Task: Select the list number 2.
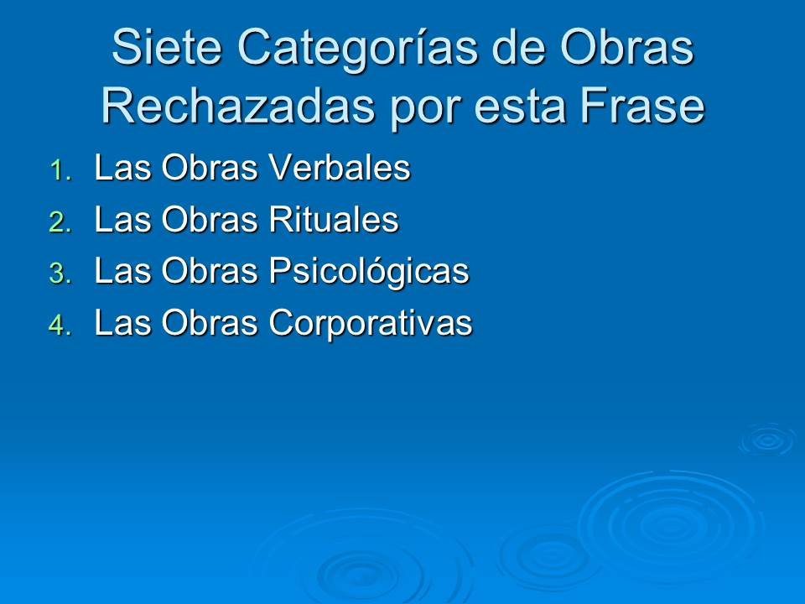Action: coord(59,222)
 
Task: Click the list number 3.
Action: coord(59,273)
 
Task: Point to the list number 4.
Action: coord(59,325)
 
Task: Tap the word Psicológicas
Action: coord(368,273)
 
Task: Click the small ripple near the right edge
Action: coord(767,440)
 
